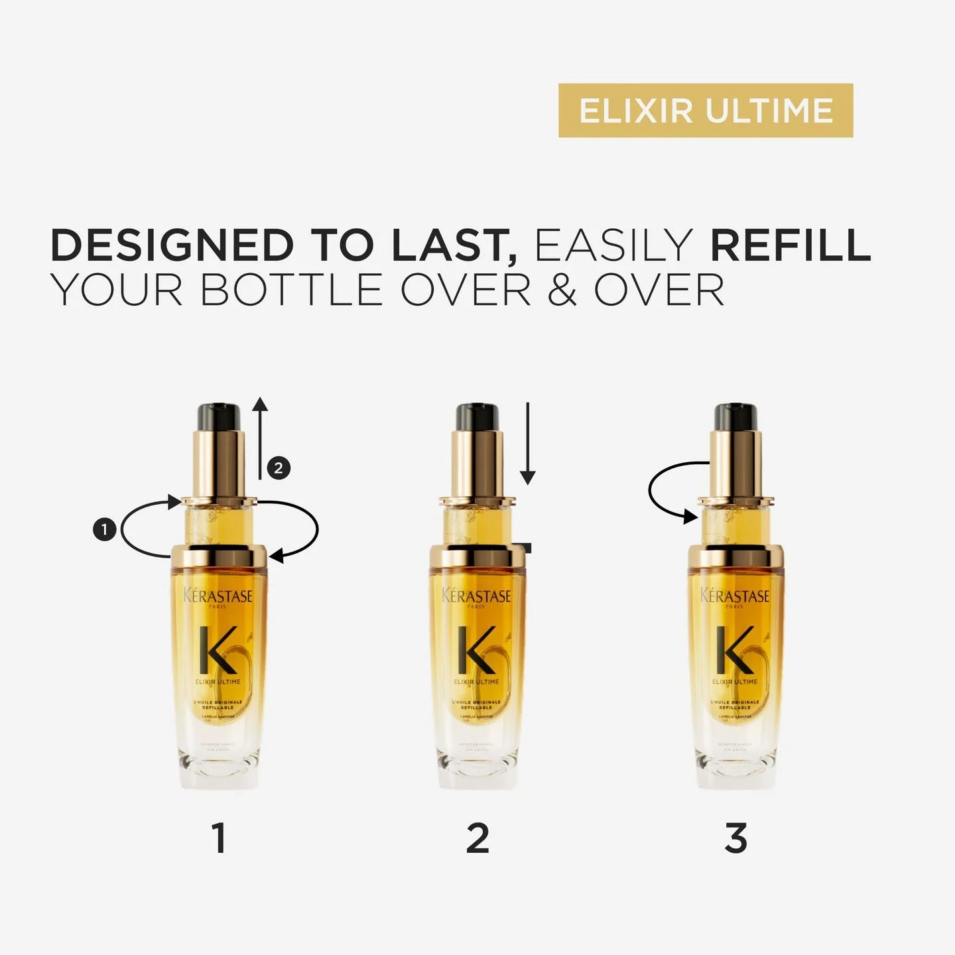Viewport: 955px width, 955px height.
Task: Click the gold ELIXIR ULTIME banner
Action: (x=705, y=111)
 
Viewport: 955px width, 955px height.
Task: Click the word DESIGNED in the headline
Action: (x=172, y=245)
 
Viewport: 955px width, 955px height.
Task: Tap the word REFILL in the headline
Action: (x=790, y=245)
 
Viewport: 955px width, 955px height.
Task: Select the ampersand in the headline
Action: (x=562, y=290)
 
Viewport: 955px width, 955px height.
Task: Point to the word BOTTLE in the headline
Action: (x=292, y=290)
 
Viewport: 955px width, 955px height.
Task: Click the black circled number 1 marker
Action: (x=104, y=530)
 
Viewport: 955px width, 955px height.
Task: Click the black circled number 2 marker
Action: (x=279, y=468)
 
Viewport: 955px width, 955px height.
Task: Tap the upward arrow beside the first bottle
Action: (x=260, y=438)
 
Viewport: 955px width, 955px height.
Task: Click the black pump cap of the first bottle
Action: (x=218, y=417)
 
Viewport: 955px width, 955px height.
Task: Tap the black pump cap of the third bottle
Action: (x=735, y=417)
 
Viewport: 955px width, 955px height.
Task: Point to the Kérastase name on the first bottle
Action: (x=218, y=596)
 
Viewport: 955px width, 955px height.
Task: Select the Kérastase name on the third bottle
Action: (x=735, y=596)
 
